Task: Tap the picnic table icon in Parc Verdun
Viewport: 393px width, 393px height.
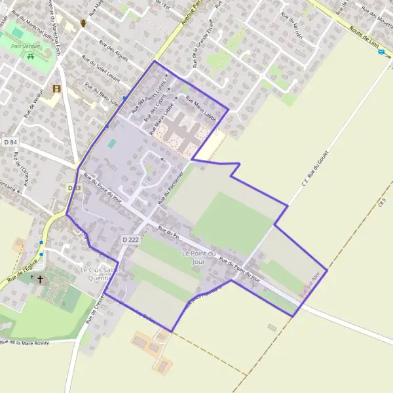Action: tap(31, 56)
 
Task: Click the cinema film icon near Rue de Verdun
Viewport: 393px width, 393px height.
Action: tap(56, 89)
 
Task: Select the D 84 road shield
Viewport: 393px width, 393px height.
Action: tap(9, 141)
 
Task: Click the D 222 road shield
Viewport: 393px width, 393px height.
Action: tap(130, 240)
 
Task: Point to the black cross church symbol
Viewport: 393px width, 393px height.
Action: tap(41, 280)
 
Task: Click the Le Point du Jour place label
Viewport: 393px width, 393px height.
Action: tap(194, 257)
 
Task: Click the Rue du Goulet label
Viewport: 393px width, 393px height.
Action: tap(316, 168)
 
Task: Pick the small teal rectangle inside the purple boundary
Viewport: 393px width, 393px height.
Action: tap(111, 143)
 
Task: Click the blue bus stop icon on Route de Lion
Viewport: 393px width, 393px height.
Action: tap(381, 52)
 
